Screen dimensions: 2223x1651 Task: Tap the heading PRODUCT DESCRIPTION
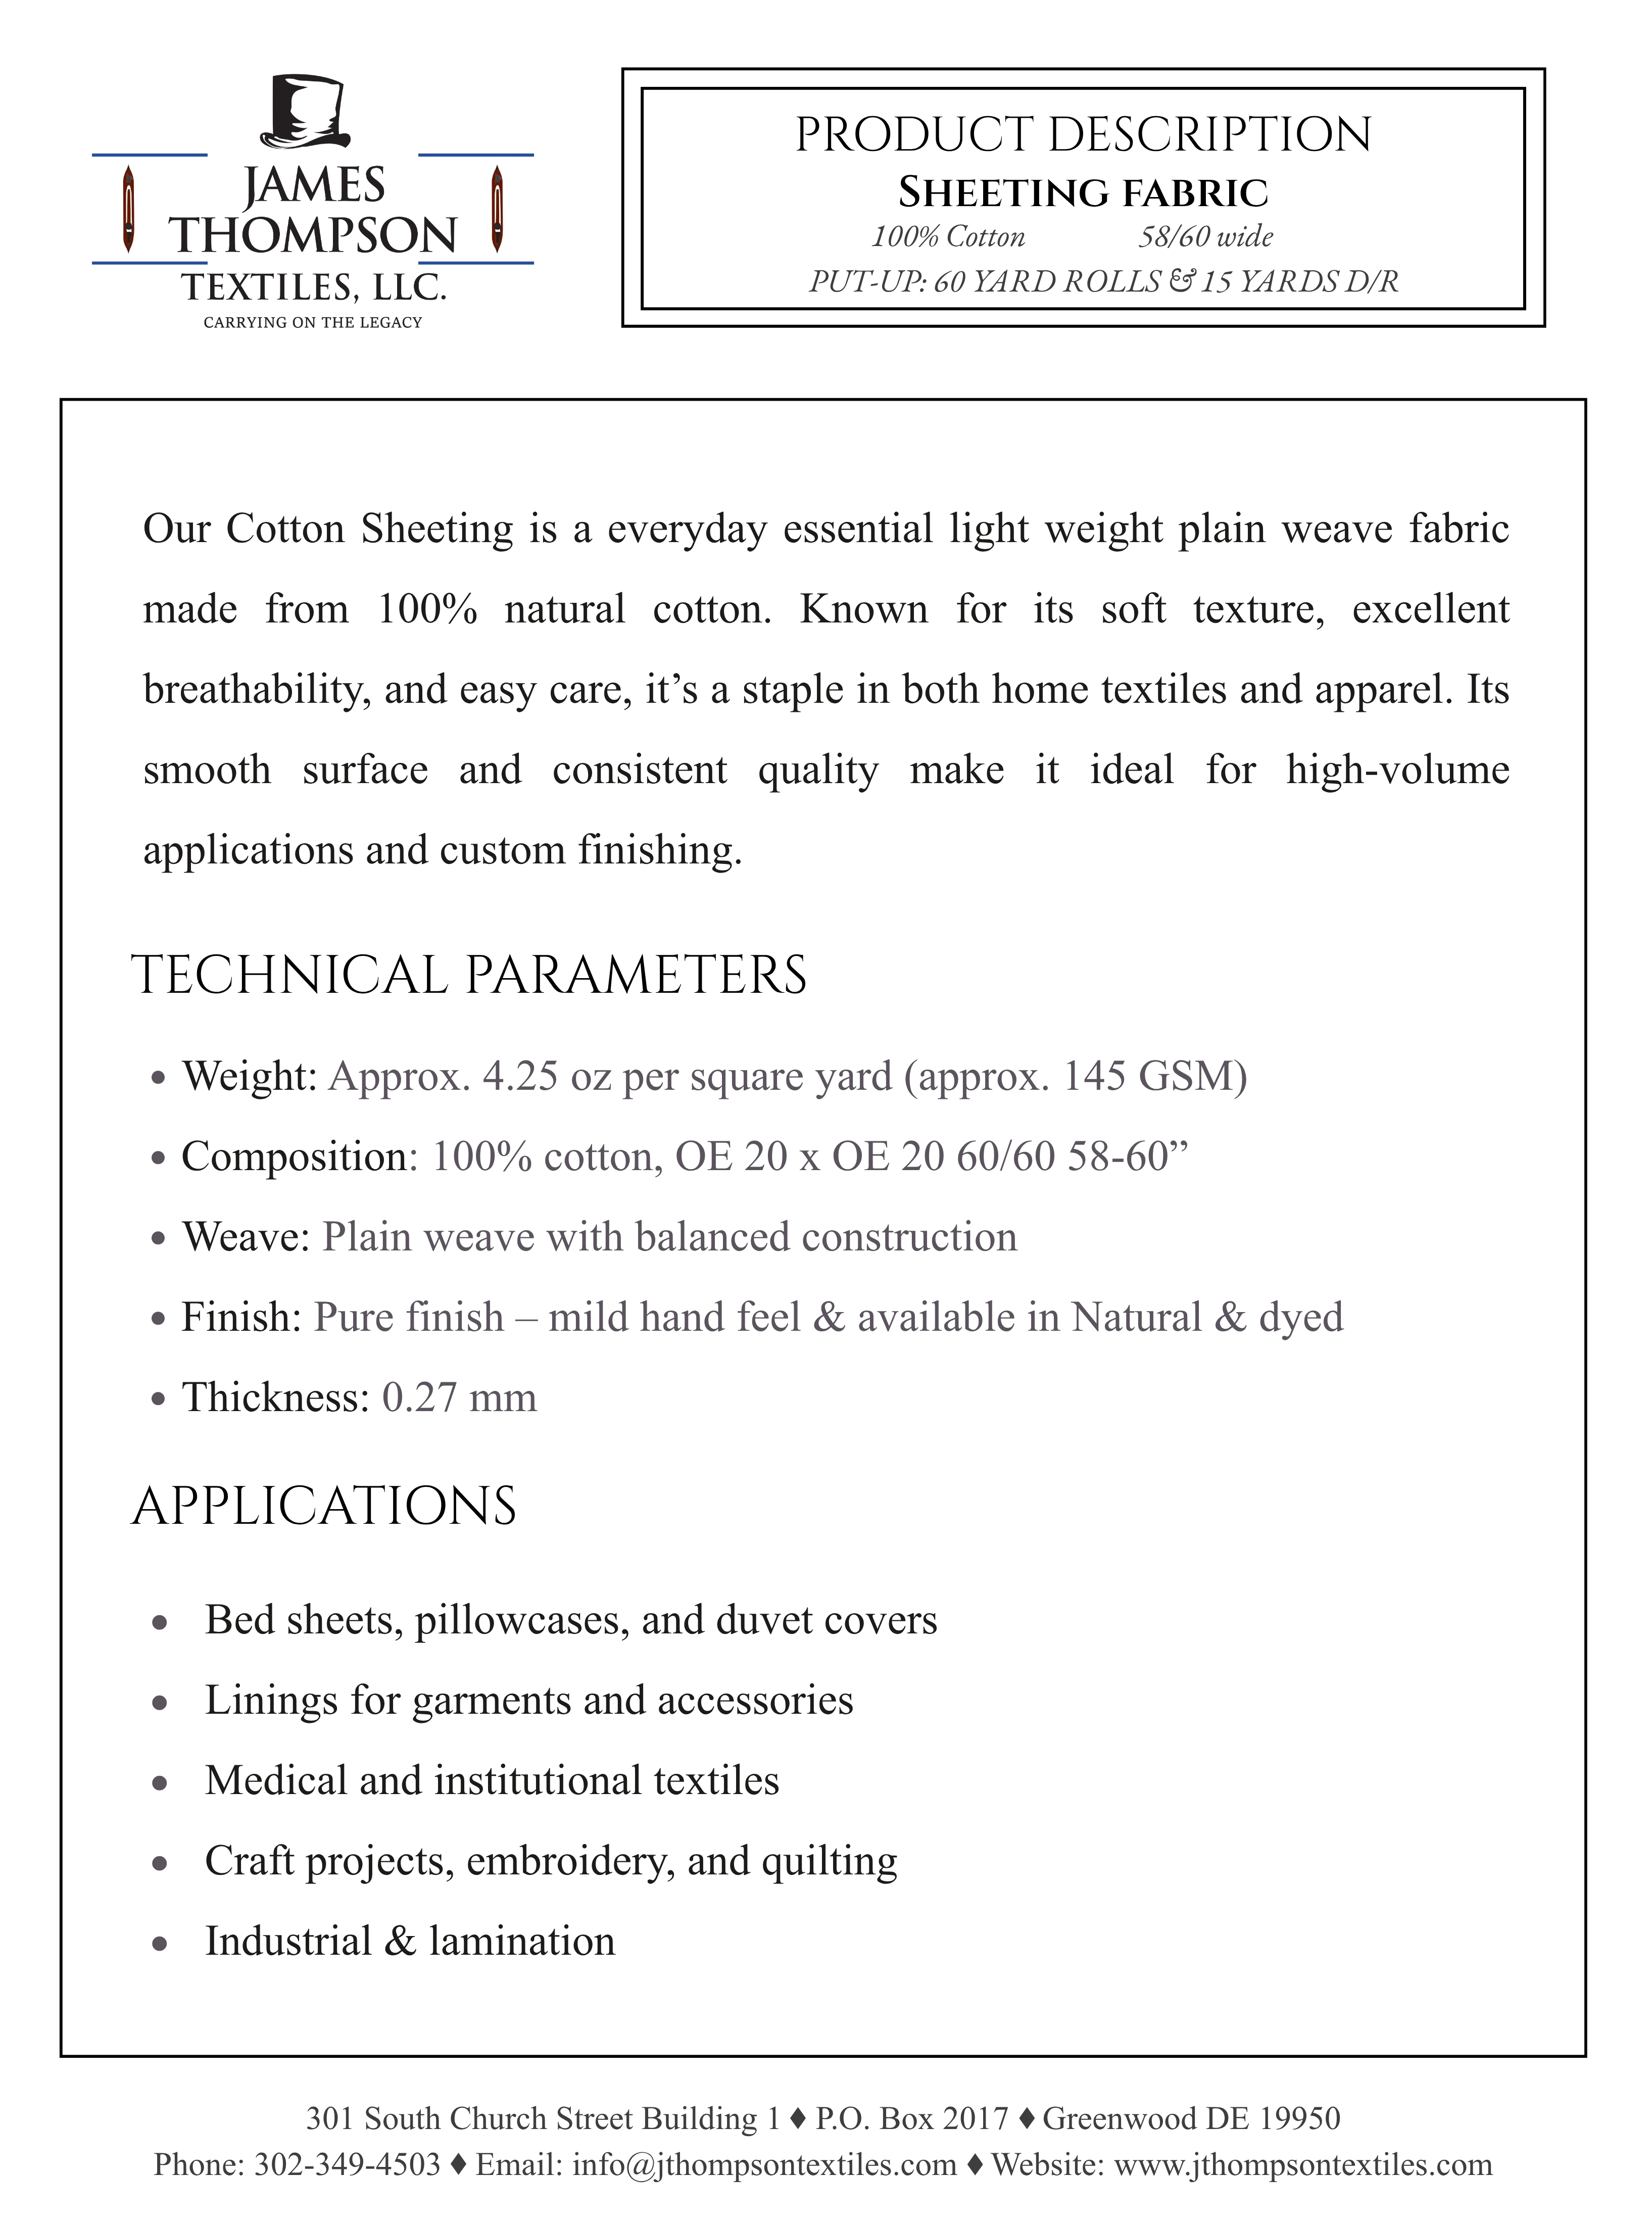point(1083,135)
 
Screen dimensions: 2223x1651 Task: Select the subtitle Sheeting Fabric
point(1083,193)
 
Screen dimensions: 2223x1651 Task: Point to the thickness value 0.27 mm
point(459,1397)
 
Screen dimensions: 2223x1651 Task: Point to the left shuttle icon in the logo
point(128,210)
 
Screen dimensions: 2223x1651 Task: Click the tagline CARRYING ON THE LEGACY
point(313,322)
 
